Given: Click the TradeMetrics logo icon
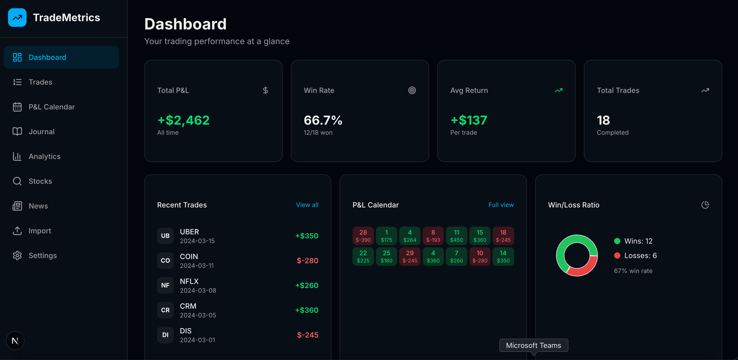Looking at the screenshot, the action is tap(17, 18).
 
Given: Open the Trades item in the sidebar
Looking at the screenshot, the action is tap(41, 82).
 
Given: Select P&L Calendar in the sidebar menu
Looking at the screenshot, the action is tap(52, 107).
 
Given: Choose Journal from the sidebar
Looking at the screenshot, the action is tap(42, 132).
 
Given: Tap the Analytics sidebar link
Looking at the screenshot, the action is tap(44, 156).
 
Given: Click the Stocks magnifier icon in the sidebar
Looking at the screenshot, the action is tap(17, 181).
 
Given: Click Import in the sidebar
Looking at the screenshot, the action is tap(40, 231).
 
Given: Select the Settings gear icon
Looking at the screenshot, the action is tap(17, 255).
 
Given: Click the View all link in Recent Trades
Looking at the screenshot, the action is tap(307, 205).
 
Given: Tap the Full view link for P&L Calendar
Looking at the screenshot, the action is tap(501, 205).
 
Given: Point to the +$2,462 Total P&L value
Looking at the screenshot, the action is tap(183, 120).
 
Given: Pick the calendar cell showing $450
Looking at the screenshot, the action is tap(456, 236).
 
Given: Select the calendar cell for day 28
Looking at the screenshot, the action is tap(363, 236).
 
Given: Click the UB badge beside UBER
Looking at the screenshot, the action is tap(165, 236).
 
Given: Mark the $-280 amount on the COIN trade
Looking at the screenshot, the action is tap(307, 261).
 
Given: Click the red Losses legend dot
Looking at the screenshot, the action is tap(617, 255).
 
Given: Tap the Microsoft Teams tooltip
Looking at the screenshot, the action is tap(533, 345).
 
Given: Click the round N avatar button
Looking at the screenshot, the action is tap(15, 341).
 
